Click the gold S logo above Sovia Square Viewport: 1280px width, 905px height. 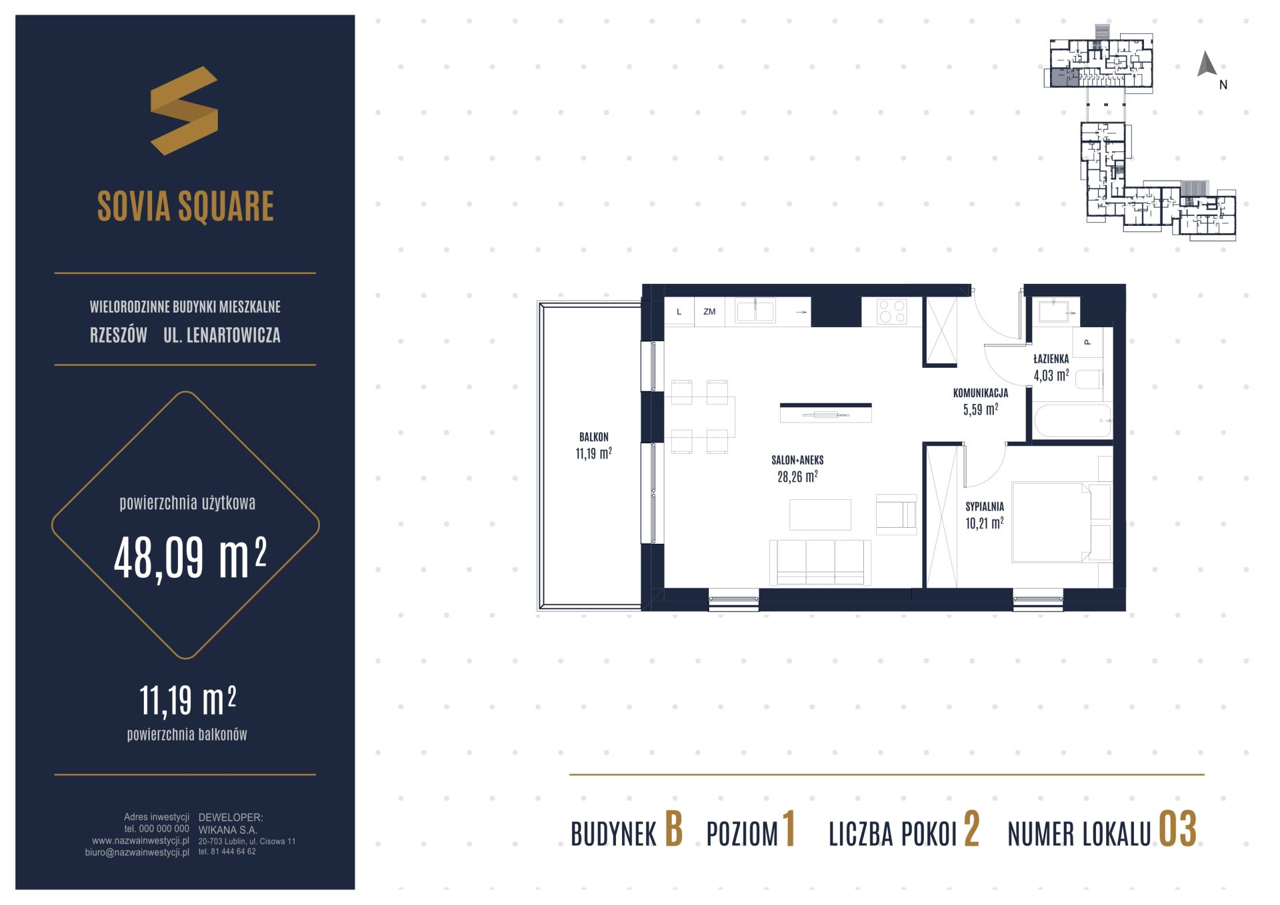pos(184,111)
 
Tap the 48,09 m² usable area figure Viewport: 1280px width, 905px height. pos(190,558)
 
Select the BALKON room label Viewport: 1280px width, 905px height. pos(593,437)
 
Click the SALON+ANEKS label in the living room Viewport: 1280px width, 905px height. pos(797,460)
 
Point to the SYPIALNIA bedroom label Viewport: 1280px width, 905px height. pos(985,506)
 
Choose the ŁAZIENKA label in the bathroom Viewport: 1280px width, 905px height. pos(1051,359)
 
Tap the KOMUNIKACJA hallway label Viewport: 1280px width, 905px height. pos(980,393)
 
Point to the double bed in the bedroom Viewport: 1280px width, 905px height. pos(1061,522)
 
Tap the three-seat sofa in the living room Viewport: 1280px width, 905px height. pos(820,562)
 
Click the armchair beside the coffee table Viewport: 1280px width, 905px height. pos(897,514)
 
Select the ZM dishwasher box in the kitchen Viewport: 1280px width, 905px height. pos(709,311)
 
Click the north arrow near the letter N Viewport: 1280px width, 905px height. pos(1207,64)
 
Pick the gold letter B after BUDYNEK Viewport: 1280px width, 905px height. pos(674,830)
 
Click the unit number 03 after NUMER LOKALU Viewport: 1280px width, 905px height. pos(1177,830)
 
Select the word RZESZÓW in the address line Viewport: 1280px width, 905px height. pos(119,335)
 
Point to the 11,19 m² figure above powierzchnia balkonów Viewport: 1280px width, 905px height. pos(187,700)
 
